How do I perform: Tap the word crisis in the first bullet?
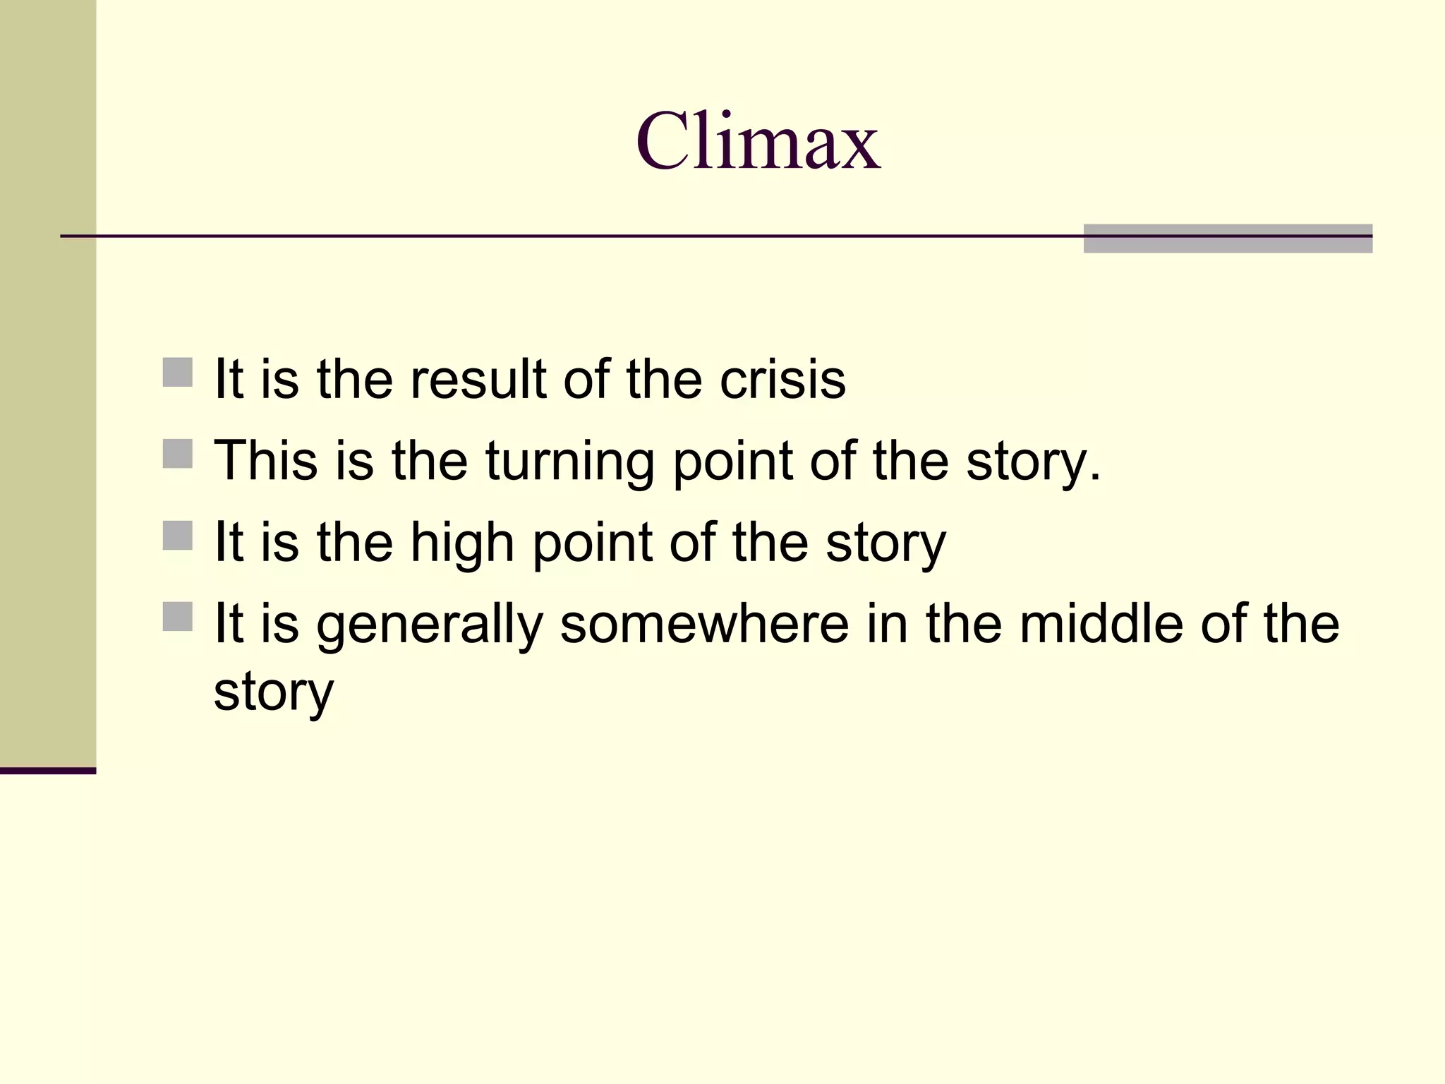pos(782,380)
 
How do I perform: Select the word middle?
pos(1101,624)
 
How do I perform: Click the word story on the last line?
pos(273,693)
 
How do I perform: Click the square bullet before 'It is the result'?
pos(177,372)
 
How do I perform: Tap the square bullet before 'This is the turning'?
pos(177,454)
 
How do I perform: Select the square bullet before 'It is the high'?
pos(177,535)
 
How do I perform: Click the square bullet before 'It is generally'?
pos(177,616)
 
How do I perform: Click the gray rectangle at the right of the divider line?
pos(1228,239)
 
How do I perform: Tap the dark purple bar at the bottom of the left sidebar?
pos(48,771)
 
